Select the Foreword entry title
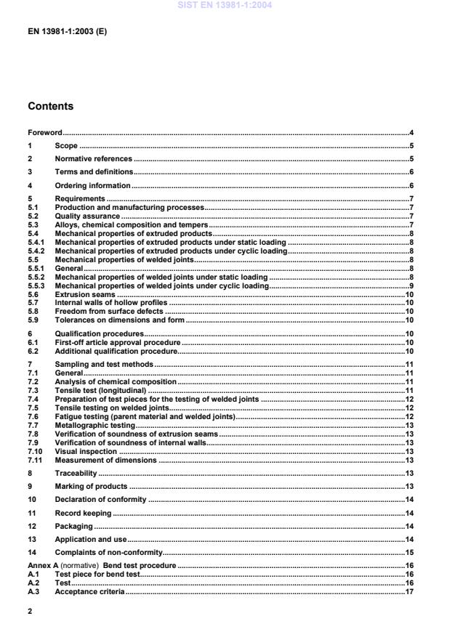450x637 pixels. (45, 133)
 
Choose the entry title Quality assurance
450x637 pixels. (87, 216)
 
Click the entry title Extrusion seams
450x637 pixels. (86, 294)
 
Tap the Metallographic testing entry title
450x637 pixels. (95, 426)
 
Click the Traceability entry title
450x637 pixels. (79, 473)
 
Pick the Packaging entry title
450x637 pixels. (74, 525)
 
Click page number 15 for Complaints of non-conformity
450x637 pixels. (409, 552)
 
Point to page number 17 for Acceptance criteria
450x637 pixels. (409, 592)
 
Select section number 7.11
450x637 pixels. (35, 460)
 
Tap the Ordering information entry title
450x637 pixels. (92, 186)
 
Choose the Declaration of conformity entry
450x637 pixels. (100, 500)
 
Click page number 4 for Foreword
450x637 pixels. (411, 133)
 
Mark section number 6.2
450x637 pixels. (33, 351)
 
